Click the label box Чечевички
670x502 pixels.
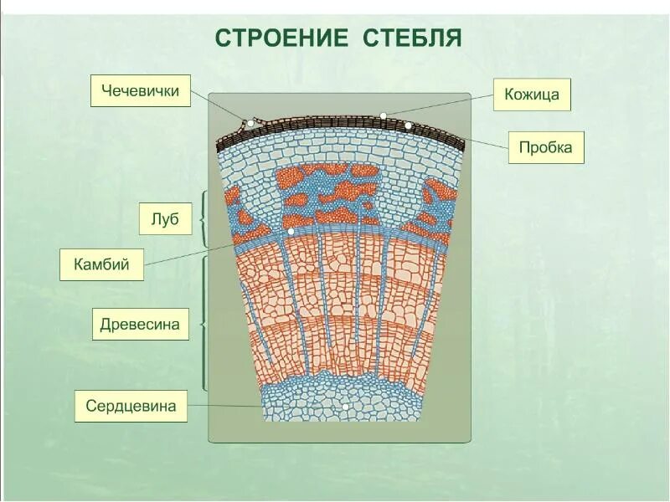(140, 90)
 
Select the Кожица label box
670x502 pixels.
(532, 95)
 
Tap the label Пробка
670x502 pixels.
(545, 147)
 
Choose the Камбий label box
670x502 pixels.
(101, 264)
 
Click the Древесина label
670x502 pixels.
(140, 324)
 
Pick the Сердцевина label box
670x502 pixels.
(131, 407)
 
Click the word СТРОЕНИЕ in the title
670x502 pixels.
(281, 38)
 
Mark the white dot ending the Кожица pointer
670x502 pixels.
(383, 115)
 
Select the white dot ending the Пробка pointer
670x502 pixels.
(409, 125)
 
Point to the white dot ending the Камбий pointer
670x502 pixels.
(291, 230)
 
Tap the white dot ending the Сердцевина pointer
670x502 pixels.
(345, 407)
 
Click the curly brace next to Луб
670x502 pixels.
(203, 218)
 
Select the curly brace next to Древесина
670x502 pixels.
(203, 323)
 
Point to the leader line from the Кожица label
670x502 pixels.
(439, 105)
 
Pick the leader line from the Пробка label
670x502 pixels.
(459, 136)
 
